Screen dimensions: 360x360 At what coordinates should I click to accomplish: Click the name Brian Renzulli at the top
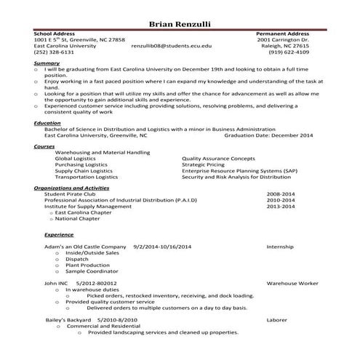pos(180,24)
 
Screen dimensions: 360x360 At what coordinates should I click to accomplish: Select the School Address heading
pos(55,33)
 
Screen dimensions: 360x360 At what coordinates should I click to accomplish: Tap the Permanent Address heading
pos(283,33)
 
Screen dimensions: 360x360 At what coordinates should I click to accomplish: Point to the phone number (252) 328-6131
pos(54,52)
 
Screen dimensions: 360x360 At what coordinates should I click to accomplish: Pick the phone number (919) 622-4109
pos(289,52)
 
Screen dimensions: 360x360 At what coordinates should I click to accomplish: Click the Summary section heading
pos(47,63)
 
